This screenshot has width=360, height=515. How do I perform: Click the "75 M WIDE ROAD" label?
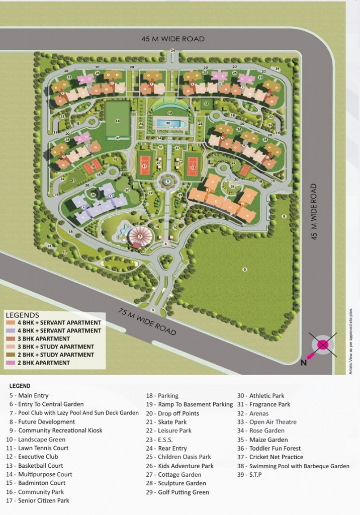click(x=147, y=321)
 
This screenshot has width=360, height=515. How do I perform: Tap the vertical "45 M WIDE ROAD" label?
click(x=314, y=211)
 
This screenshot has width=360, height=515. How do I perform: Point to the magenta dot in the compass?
click(x=322, y=345)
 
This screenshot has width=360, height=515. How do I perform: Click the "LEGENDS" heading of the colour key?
click(x=22, y=315)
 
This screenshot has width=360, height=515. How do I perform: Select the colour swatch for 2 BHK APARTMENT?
click(x=10, y=363)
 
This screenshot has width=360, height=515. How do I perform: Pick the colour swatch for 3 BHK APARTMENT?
click(x=10, y=338)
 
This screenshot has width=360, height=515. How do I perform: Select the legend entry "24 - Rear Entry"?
click(x=166, y=448)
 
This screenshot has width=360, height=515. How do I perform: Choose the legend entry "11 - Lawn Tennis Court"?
click(x=37, y=448)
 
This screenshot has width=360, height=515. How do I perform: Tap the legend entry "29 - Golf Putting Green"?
click(x=177, y=492)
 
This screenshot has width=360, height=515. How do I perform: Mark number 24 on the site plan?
click(x=172, y=51)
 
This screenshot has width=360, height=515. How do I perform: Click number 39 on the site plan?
click(x=277, y=68)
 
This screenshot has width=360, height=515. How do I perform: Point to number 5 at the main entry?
click(x=164, y=311)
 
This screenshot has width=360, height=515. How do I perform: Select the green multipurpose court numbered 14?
click(x=117, y=120)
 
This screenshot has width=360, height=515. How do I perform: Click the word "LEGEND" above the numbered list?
click(x=20, y=386)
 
